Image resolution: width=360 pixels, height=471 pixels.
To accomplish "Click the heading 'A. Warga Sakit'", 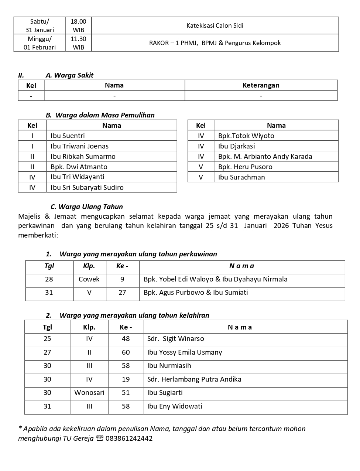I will click(x=69, y=75).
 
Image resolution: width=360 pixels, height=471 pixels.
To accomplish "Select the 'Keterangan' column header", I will click(x=261, y=85).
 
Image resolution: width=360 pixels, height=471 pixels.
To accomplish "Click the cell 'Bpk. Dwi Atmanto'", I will click(x=79, y=167).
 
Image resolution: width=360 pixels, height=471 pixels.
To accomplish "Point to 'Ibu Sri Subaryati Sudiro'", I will click(x=87, y=187).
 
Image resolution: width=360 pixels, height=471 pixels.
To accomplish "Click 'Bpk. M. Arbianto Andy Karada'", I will click(x=265, y=156).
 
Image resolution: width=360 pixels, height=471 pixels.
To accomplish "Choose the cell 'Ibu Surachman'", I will click(x=241, y=177).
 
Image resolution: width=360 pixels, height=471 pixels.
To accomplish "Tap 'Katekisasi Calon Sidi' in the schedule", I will click(x=215, y=25).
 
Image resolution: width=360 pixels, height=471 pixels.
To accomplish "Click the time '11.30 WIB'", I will click(x=78, y=43).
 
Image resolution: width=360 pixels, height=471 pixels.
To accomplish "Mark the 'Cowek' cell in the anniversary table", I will click(x=89, y=279).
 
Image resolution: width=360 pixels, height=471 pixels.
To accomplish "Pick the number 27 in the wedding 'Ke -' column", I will click(x=122, y=293).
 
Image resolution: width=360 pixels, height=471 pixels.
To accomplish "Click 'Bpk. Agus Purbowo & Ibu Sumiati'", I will click(x=196, y=293).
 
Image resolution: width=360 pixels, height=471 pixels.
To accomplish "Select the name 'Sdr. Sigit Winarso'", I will click(x=175, y=339).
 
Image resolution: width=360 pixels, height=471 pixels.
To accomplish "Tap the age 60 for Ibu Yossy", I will click(x=126, y=352).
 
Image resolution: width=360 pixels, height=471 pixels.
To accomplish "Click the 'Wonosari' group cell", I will click(x=89, y=393).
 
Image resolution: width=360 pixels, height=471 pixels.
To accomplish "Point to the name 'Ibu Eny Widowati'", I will click(x=175, y=406).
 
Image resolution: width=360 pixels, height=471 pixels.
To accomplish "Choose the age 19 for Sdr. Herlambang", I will click(x=126, y=379).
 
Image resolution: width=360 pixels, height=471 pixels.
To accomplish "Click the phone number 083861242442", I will click(x=129, y=438).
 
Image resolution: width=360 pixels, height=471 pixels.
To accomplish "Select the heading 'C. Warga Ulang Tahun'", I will click(x=87, y=207).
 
